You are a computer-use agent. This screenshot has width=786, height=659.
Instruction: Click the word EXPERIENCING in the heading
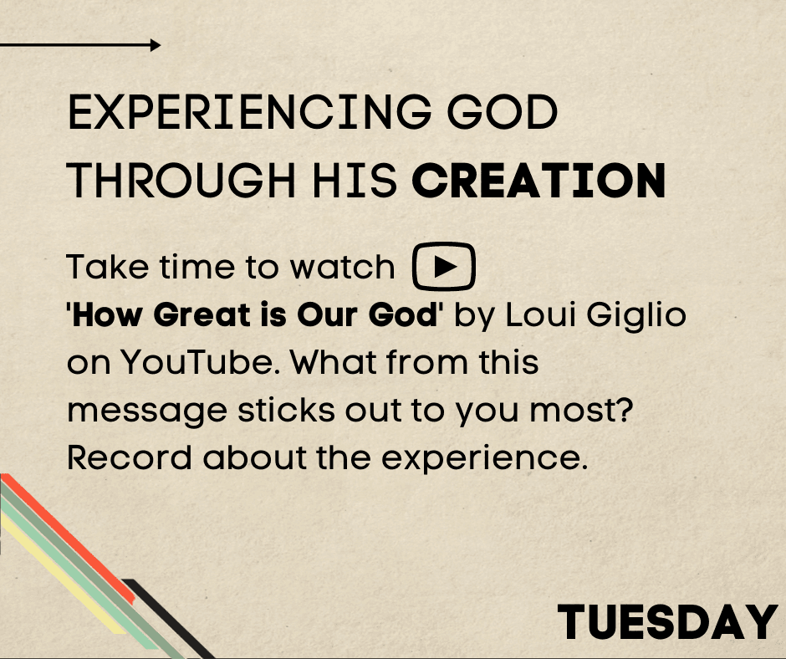249,112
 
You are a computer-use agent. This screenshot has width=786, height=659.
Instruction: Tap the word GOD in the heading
502,112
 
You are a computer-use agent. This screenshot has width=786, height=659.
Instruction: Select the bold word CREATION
538,181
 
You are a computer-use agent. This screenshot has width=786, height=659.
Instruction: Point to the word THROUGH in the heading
181,181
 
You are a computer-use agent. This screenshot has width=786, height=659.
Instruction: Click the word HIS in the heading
355,181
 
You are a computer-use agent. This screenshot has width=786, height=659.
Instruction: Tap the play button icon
444,266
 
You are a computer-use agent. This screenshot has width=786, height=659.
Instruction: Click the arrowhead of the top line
156,45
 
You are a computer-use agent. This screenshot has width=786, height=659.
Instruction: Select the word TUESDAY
668,622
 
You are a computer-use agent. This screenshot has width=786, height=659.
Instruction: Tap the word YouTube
198,362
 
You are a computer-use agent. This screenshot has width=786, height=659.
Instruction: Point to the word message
147,411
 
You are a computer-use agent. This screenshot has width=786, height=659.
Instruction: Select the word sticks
286,409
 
